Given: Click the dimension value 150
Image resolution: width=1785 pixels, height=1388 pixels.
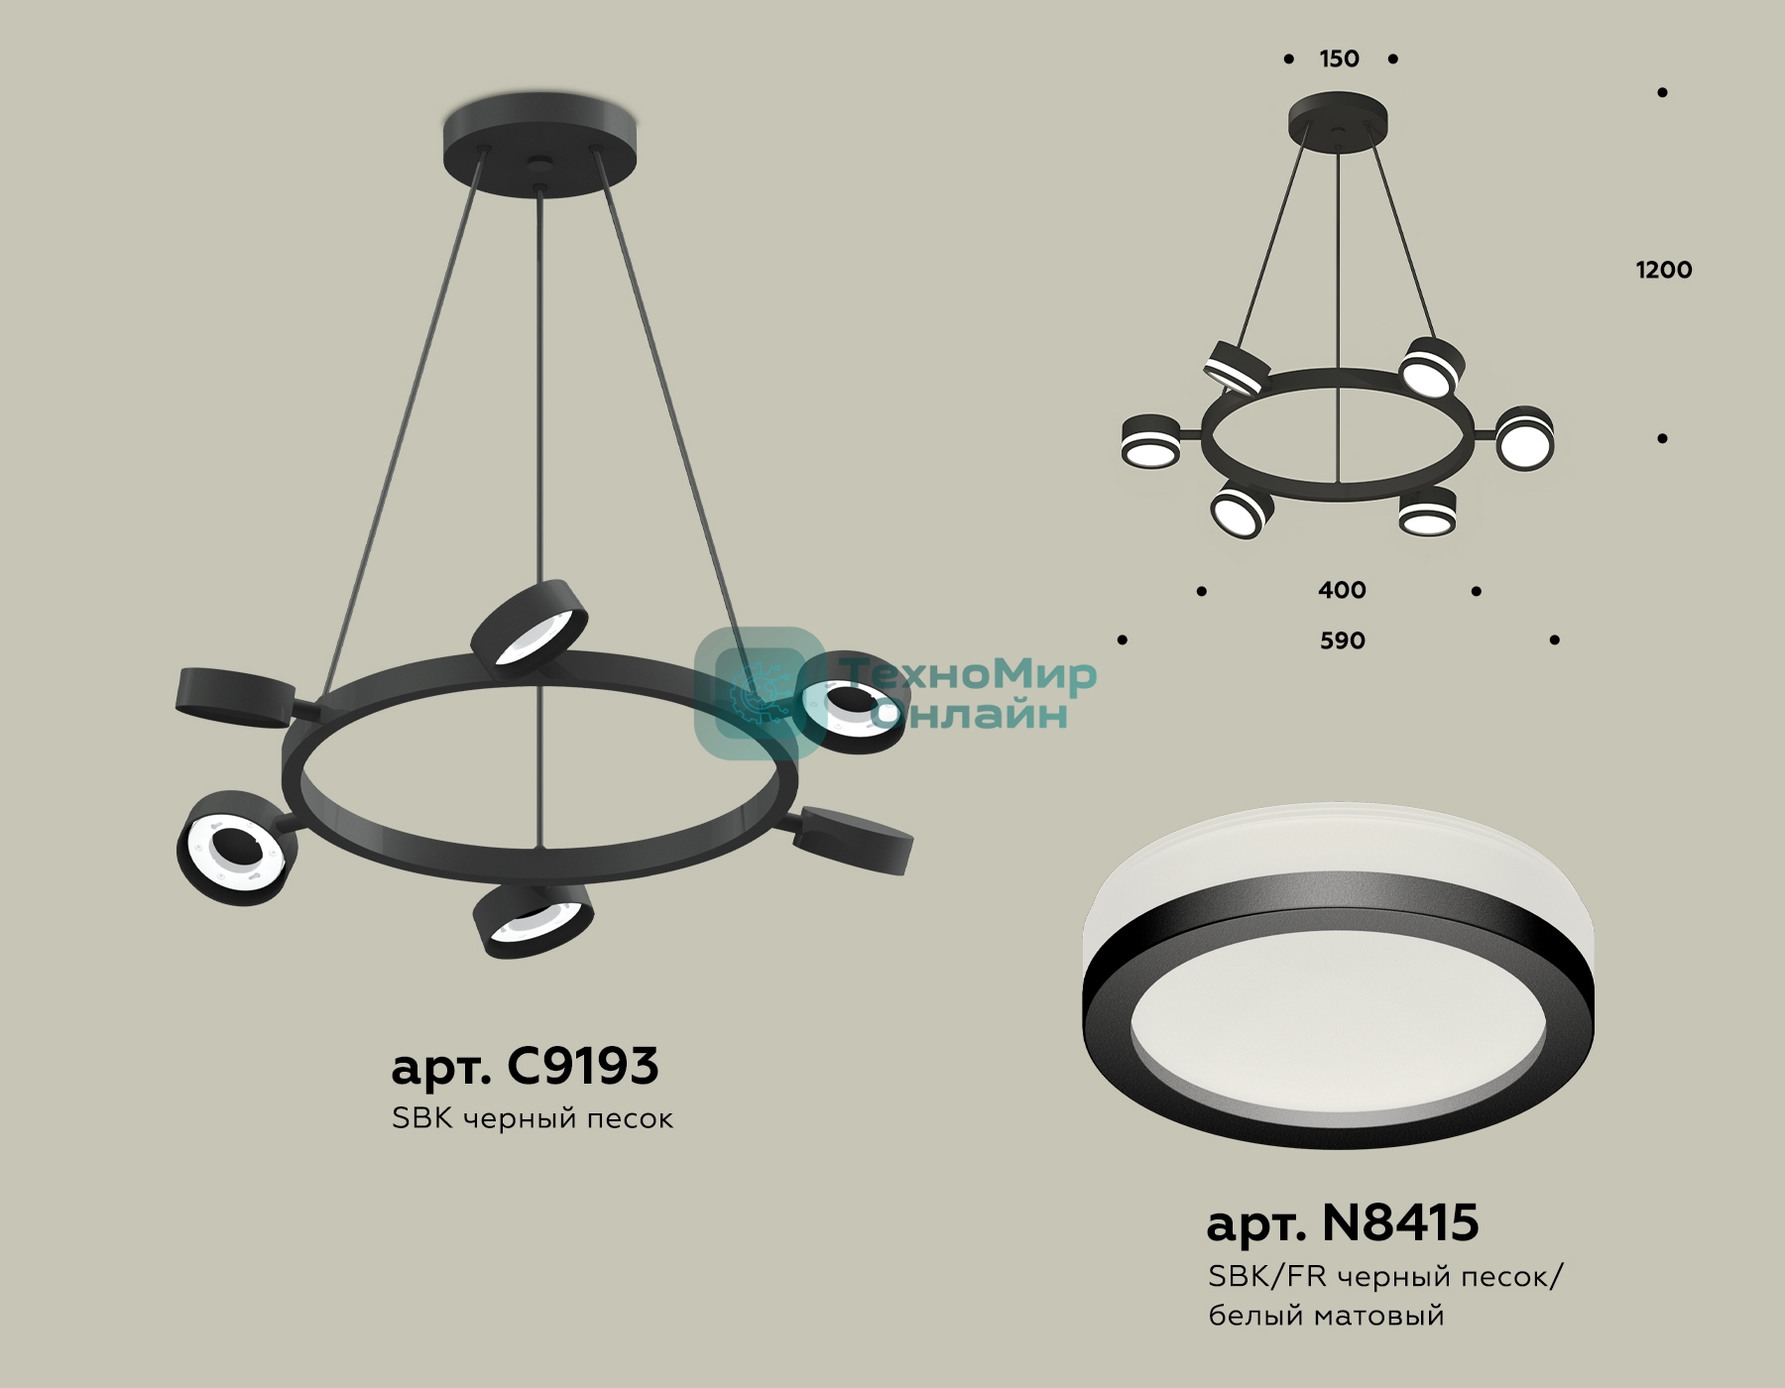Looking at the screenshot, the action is point(1339,59).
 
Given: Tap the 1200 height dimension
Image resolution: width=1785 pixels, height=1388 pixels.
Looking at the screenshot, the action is point(1664,270).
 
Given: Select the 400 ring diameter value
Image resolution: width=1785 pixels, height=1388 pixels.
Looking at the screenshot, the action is point(1342,591).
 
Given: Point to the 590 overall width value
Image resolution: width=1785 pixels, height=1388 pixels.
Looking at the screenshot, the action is point(1342,641).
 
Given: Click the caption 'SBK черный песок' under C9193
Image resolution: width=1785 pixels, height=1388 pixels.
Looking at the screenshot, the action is point(533,1119).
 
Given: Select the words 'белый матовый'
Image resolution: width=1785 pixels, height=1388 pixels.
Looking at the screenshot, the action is point(1326,1317).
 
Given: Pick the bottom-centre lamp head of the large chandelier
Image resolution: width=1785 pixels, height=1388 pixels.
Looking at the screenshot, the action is point(534,920).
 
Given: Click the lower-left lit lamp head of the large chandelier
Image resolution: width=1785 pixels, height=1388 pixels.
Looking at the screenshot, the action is point(237,846).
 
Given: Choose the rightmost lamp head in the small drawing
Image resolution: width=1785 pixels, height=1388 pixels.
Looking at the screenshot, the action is point(1524,439).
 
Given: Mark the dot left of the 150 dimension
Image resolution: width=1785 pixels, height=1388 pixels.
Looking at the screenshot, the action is point(1288,59).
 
